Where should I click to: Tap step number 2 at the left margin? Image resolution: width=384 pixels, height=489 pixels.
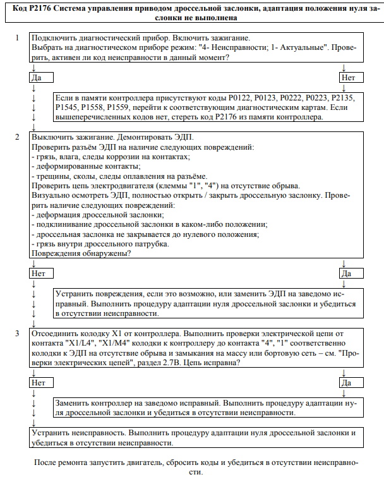coord(18,137)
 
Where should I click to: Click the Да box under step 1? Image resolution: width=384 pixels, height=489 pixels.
coord(42,78)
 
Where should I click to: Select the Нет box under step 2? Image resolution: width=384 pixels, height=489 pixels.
coord(42,274)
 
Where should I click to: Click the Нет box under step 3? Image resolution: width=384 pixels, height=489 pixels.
coord(42,383)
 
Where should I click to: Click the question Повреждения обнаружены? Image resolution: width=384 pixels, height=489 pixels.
coord(81,253)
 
